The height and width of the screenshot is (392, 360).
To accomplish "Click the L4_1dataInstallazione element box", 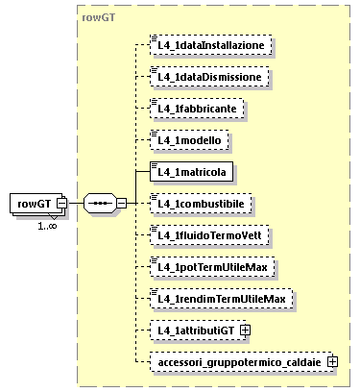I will (x=211, y=45).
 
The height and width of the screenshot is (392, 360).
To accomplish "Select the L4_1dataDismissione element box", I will (x=209, y=77).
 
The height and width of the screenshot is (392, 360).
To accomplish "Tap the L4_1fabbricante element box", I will (x=199, y=109).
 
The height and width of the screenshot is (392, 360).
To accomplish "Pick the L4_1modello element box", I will (x=190, y=140).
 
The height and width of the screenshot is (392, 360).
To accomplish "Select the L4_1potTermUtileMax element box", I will (x=213, y=267).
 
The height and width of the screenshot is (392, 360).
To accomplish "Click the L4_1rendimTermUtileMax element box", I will (x=222, y=299).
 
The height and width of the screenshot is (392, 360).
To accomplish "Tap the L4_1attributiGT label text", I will (x=196, y=331).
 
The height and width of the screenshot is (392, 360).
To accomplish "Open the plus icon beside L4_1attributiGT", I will (x=246, y=331).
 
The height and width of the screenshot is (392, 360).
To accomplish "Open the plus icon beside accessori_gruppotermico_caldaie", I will (x=333, y=362).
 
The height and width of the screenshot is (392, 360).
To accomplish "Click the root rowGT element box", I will (x=35, y=204).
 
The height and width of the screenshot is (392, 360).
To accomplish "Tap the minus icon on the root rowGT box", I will (x=61, y=204).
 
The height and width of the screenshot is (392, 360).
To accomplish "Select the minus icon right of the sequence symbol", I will (x=121, y=204).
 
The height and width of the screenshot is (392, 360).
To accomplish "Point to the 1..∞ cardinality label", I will (x=47, y=226).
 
